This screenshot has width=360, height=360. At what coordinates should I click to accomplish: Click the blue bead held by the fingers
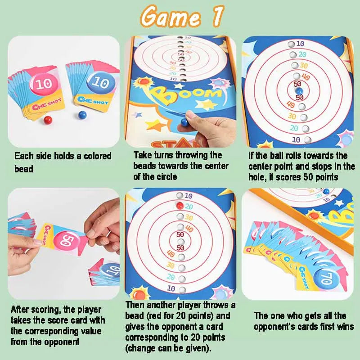click(184, 122)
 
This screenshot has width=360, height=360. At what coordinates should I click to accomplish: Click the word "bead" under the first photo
click(24, 169)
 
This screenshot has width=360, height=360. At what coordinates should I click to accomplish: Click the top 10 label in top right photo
click(300, 44)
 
